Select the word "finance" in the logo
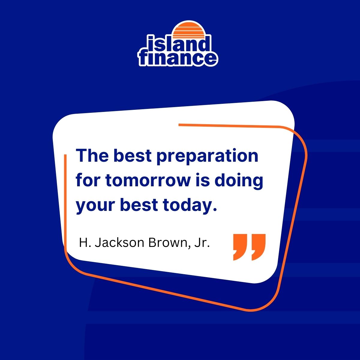point(178,58)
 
